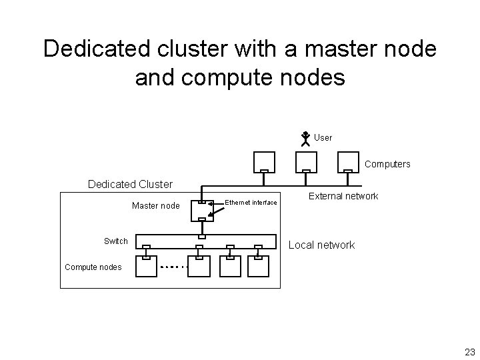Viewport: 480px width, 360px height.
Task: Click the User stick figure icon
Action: [304, 139]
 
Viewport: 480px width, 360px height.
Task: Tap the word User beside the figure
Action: [323, 138]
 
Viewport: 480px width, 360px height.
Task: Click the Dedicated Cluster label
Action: [131, 184]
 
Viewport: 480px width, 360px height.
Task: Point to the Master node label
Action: [156, 206]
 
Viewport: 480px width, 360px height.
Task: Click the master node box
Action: [201, 211]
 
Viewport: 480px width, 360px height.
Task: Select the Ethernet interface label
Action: [251, 202]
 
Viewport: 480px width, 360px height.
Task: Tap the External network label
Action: [343, 196]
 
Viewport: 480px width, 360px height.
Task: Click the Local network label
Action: [321, 245]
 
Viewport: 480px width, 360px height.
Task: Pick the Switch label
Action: [116, 241]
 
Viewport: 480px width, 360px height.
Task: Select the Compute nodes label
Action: [93, 267]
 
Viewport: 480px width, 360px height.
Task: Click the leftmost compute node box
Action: [146, 266]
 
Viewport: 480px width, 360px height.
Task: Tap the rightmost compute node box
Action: [258, 266]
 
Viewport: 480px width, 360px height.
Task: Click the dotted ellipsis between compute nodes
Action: [175, 267]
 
